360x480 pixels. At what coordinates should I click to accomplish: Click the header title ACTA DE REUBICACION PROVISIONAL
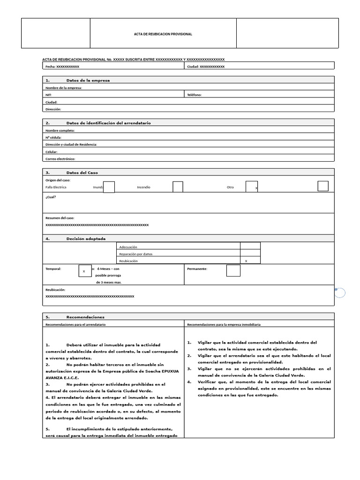point(163,34)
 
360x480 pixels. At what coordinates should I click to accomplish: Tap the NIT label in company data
point(48,95)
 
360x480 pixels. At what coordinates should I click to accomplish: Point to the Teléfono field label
point(195,95)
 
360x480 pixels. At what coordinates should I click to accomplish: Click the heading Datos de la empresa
point(88,81)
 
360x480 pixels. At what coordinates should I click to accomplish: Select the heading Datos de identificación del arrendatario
point(108,123)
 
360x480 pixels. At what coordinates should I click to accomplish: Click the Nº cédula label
point(53,137)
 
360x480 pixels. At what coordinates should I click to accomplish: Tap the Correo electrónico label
point(60,159)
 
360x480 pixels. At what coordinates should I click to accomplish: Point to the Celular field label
point(52,152)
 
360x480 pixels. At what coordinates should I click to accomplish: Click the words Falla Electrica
point(56,187)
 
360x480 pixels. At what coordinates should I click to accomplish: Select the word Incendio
point(143,187)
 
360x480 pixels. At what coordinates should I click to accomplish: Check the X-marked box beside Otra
point(252,187)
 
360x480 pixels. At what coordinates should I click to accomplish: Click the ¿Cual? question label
point(51,197)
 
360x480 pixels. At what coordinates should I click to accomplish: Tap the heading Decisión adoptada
point(86,239)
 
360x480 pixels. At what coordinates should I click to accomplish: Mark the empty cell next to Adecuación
point(250,246)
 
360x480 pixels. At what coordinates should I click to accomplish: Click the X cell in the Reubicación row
point(250,261)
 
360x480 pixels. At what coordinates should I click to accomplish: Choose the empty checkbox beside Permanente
point(233,270)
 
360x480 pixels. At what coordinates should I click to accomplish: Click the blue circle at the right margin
point(340,293)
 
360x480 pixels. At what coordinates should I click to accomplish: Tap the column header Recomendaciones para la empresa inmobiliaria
point(224,324)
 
